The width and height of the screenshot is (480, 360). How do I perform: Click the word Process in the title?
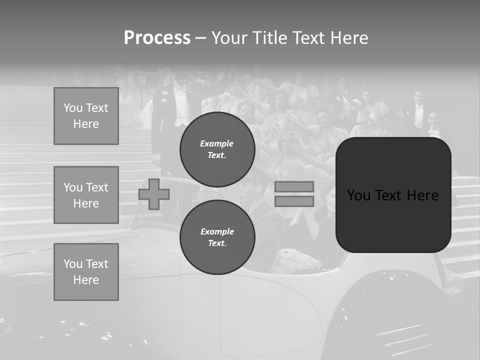(x=157, y=38)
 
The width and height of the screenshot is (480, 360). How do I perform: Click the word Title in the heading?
(x=270, y=38)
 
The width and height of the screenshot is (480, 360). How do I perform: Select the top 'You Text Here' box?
(x=86, y=116)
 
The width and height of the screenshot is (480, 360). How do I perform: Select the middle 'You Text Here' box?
(x=86, y=195)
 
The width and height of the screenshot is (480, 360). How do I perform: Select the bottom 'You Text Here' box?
(x=86, y=272)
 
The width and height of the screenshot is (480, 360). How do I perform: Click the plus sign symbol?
(x=154, y=194)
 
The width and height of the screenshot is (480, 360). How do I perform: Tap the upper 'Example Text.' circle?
(x=217, y=149)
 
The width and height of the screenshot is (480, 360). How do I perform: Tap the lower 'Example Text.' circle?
(x=217, y=237)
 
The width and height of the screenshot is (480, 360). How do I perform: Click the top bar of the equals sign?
(x=294, y=186)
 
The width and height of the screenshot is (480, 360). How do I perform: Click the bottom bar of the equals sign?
(x=294, y=201)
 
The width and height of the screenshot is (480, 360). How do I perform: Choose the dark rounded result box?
(x=393, y=220)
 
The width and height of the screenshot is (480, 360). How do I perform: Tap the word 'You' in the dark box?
(x=359, y=195)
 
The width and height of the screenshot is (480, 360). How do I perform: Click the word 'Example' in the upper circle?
(x=217, y=143)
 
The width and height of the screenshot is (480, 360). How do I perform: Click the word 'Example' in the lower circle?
(x=217, y=231)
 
